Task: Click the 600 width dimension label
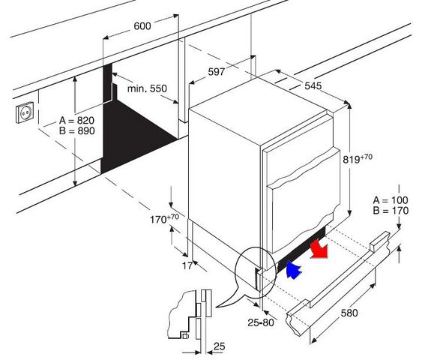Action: (142, 26)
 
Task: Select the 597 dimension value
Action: (217, 72)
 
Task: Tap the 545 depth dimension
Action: (313, 85)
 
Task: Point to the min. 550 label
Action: (147, 88)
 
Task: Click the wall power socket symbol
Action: (25, 112)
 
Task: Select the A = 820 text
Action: (76, 121)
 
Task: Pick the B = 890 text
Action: (76, 130)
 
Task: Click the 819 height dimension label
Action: (358, 158)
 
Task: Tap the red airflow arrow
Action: (319, 249)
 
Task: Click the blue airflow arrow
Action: (294, 270)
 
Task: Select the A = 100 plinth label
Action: (391, 200)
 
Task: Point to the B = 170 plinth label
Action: (391, 211)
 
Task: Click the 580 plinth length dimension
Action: (349, 313)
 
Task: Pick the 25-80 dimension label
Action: (261, 322)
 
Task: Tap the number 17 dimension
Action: (187, 266)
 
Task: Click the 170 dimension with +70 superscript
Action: (164, 218)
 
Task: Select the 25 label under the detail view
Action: (220, 346)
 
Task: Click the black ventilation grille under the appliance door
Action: (302, 250)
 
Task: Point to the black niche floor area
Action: (137, 135)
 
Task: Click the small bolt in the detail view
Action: (184, 335)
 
